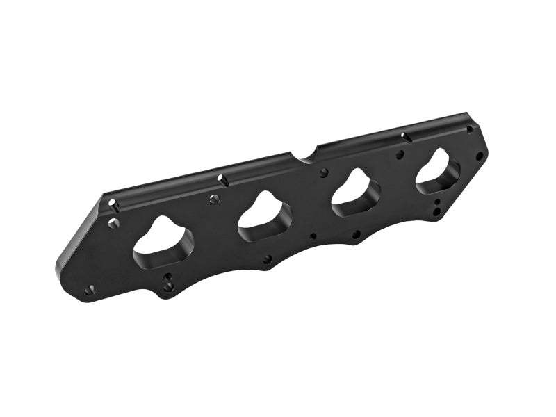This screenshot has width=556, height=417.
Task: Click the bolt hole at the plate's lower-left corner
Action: pos(89,290)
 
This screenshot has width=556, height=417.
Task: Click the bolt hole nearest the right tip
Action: pos(479,156)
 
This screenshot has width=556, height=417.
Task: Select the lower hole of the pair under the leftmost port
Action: pos(167,286)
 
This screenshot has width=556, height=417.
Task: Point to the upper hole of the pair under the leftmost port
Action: pos(167,277)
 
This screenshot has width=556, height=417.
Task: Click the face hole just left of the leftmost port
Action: pos(114,223)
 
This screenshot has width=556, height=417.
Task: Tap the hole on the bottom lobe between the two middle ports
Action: pos(267,259)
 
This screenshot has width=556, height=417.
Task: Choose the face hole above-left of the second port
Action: pos(214,199)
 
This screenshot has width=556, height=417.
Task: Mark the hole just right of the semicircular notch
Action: pos(323,172)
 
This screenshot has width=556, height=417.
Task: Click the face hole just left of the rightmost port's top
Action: pos(400,154)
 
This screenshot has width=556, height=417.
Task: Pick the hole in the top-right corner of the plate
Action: pos(470,129)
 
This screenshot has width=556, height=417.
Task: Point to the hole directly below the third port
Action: pos(356,234)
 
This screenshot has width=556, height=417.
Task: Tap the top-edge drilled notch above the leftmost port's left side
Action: pos(113,204)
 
